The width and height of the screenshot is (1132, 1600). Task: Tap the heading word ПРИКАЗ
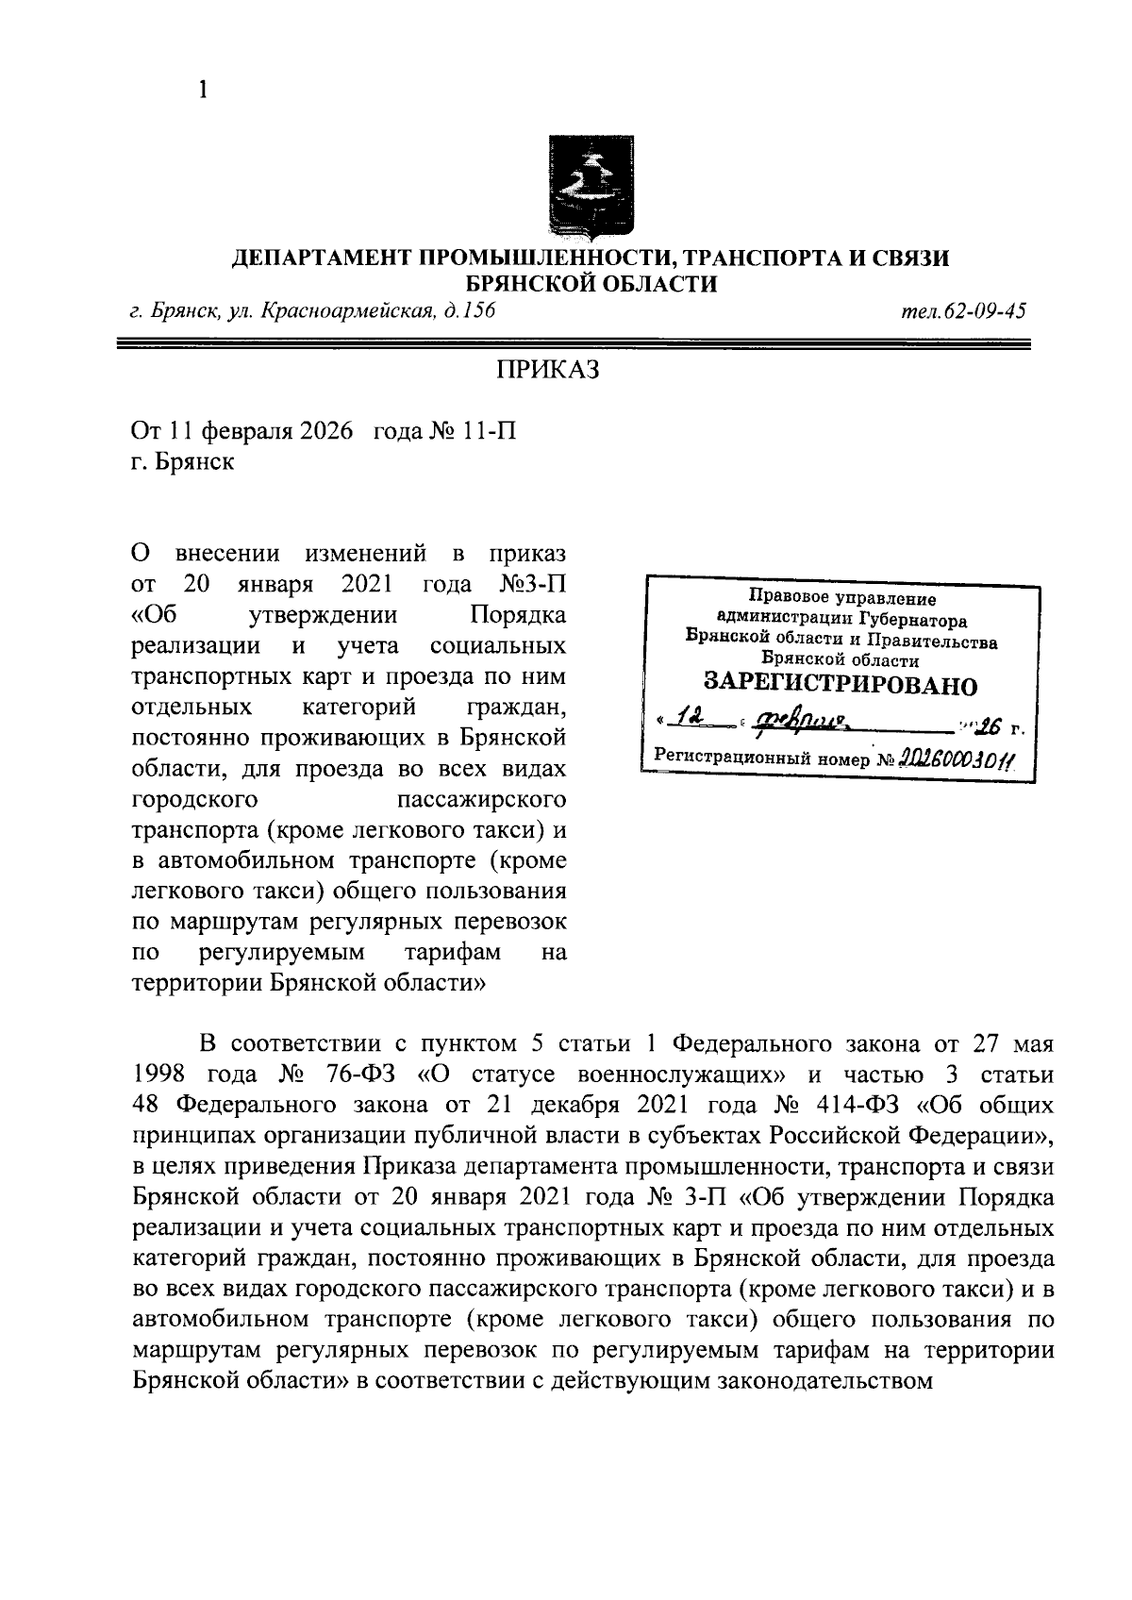tap(548, 370)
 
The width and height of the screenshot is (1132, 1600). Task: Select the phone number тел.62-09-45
tap(962, 310)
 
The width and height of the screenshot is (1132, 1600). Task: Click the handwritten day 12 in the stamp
tap(694, 722)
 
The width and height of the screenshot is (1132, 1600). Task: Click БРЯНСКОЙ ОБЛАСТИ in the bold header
tap(592, 283)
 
